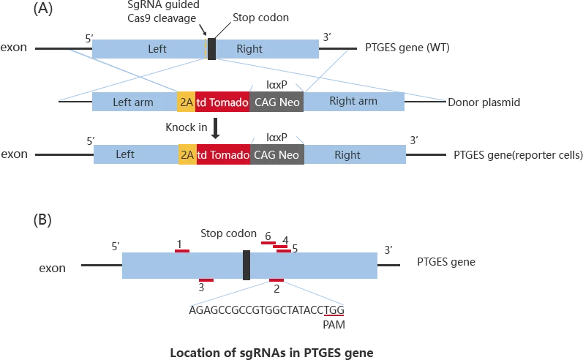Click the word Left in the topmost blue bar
coord(157,49)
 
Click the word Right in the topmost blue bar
coord(249,49)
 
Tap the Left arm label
coord(133,102)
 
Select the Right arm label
coord(353,101)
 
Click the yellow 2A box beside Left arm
coord(187,102)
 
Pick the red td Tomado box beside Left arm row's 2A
coord(222,102)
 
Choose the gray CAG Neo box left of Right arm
coord(277,102)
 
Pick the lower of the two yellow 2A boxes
coord(187,155)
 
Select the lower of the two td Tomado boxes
coord(222,155)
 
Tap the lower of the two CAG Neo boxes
coord(277,155)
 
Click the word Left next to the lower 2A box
coord(125,154)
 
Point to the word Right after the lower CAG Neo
coord(347,155)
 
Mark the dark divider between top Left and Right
coord(211,48)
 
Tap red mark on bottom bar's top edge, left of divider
coord(182,251)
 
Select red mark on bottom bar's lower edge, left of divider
coord(207,281)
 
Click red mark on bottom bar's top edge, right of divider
coord(282,249)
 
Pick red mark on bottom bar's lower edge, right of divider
coord(277,281)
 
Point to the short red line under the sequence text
coord(334,315)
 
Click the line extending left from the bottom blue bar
coord(97,267)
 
